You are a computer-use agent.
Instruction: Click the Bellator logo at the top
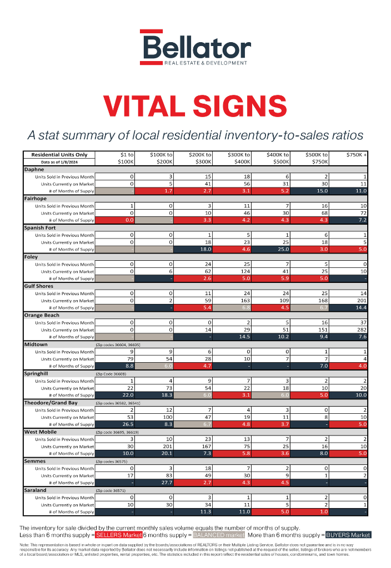(195, 48)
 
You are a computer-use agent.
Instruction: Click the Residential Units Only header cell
(59, 155)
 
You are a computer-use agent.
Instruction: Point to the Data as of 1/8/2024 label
(59, 162)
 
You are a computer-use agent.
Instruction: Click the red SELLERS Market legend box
(118, 535)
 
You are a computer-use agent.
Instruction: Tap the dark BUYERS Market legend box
(348, 535)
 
